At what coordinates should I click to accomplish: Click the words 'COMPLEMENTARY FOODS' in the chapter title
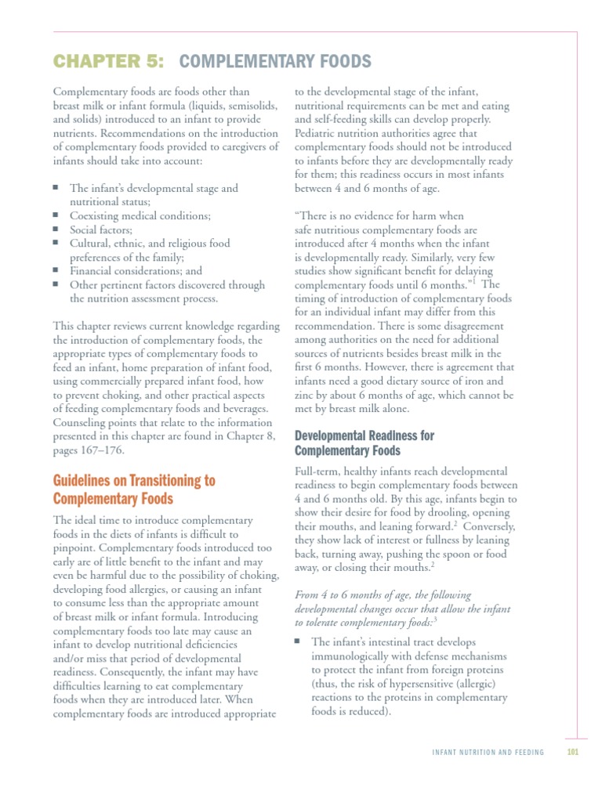click(x=276, y=61)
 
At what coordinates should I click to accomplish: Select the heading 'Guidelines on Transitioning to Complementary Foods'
click(x=134, y=490)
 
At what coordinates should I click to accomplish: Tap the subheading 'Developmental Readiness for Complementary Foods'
click(x=364, y=443)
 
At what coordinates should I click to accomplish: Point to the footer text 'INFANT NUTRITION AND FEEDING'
click(x=488, y=753)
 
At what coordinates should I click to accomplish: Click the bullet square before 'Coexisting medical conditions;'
click(x=56, y=215)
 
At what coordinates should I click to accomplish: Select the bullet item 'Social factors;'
click(x=101, y=229)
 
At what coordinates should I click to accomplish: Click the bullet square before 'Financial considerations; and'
click(x=56, y=270)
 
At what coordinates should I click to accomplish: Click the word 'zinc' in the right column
click(x=306, y=396)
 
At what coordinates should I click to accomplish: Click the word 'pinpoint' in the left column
click(x=74, y=547)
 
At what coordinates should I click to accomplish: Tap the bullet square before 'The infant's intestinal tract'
click(x=298, y=641)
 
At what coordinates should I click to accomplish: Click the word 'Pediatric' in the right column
click(x=317, y=133)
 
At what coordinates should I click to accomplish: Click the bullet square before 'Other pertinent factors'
click(x=56, y=284)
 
